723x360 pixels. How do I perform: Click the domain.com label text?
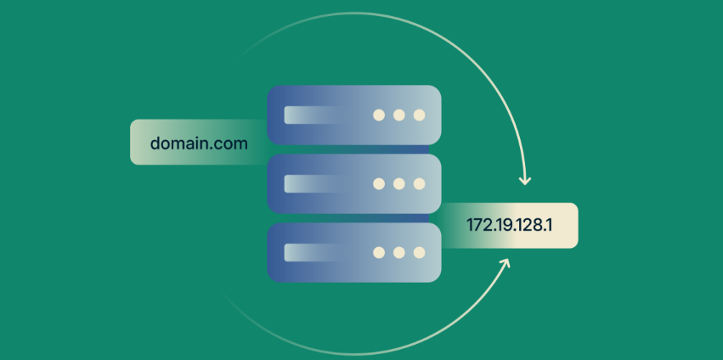click(x=199, y=143)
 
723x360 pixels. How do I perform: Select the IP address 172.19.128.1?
click(x=509, y=225)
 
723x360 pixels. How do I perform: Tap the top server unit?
click(x=354, y=115)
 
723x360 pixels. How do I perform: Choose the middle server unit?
click(x=354, y=183)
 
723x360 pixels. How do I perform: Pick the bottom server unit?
click(x=354, y=253)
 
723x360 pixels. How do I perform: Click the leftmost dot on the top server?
click(x=379, y=115)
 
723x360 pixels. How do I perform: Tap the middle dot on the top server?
click(x=398, y=115)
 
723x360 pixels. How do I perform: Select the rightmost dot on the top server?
click(x=419, y=115)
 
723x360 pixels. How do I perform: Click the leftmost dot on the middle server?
click(x=379, y=184)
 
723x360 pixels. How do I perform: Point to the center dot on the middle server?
click(x=398, y=184)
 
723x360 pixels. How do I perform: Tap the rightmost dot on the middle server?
click(x=419, y=184)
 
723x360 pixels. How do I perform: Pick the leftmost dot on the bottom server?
click(x=379, y=253)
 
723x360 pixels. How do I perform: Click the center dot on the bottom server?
click(x=398, y=253)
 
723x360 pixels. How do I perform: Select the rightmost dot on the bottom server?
click(x=419, y=253)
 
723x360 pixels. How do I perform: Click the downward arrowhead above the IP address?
click(x=525, y=180)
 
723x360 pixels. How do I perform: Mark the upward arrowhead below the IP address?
click(x=505, y=262)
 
